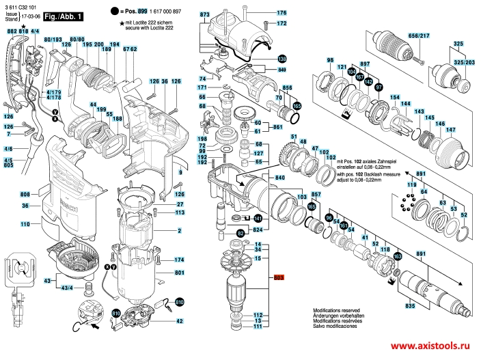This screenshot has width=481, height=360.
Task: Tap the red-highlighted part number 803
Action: pyautogui.click(x=278, y=277)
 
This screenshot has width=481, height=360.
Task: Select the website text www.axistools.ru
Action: pyautogui.click(x=434, y=346)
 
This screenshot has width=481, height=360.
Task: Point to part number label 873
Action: pyautogui.click(x=205, y=14)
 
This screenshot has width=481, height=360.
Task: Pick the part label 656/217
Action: pyautogui.click(x=418, y=36)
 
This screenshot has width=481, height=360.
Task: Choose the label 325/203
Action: pyautogui.click(x=466, y=63)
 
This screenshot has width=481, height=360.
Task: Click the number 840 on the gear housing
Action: pyautogui.click(x=279, y=178)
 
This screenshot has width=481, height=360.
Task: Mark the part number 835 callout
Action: pyautogui.click(x=409, y=306)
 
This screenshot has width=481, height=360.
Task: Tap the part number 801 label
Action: pyautogui.click(x=180, y=274)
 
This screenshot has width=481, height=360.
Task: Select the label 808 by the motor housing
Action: pyautogui.click(x=25, y=193)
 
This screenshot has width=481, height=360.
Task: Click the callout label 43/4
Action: pyautogui.click(x=67, y=289)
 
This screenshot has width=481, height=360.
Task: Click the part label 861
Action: pyautogui.click(x=277, y=127)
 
